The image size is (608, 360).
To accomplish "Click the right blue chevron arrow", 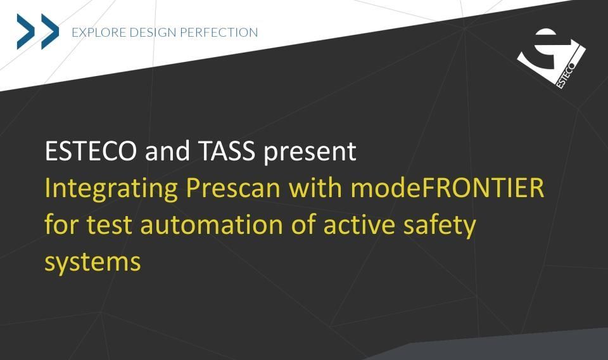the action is pyautogui.click(x=50, y=32).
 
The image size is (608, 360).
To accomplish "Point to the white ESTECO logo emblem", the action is pyautogui.click(x=551, y=58).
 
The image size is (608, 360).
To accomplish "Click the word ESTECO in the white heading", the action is pyautogui.click(x=91, y=151).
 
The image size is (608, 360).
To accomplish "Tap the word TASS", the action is pyautogui.click(x=227, y=151).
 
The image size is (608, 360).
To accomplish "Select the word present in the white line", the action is pyautogui.click(x=310, y=153).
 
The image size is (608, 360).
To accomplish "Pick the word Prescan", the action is pyautogui.click(x=233, y=188).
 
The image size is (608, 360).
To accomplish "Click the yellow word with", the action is pyautogui.click(x=315, y=188).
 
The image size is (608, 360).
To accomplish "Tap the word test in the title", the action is pyautogui.click(x=109, y=225).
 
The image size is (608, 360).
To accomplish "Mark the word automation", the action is pyautogui.click(x=212, y=225).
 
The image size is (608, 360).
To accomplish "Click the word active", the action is pyautogui.click(x=359, y=225).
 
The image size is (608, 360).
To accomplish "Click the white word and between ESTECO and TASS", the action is pyautogui.click(x=167, y=151).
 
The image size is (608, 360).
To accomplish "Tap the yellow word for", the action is pyautogui.click(x=61, y=225).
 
